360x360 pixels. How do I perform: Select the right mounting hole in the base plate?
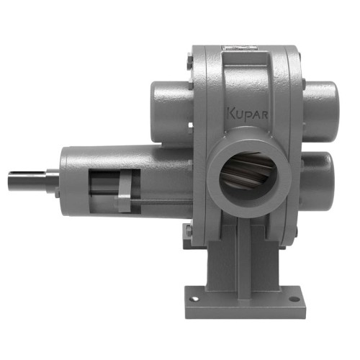pos(295,294)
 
